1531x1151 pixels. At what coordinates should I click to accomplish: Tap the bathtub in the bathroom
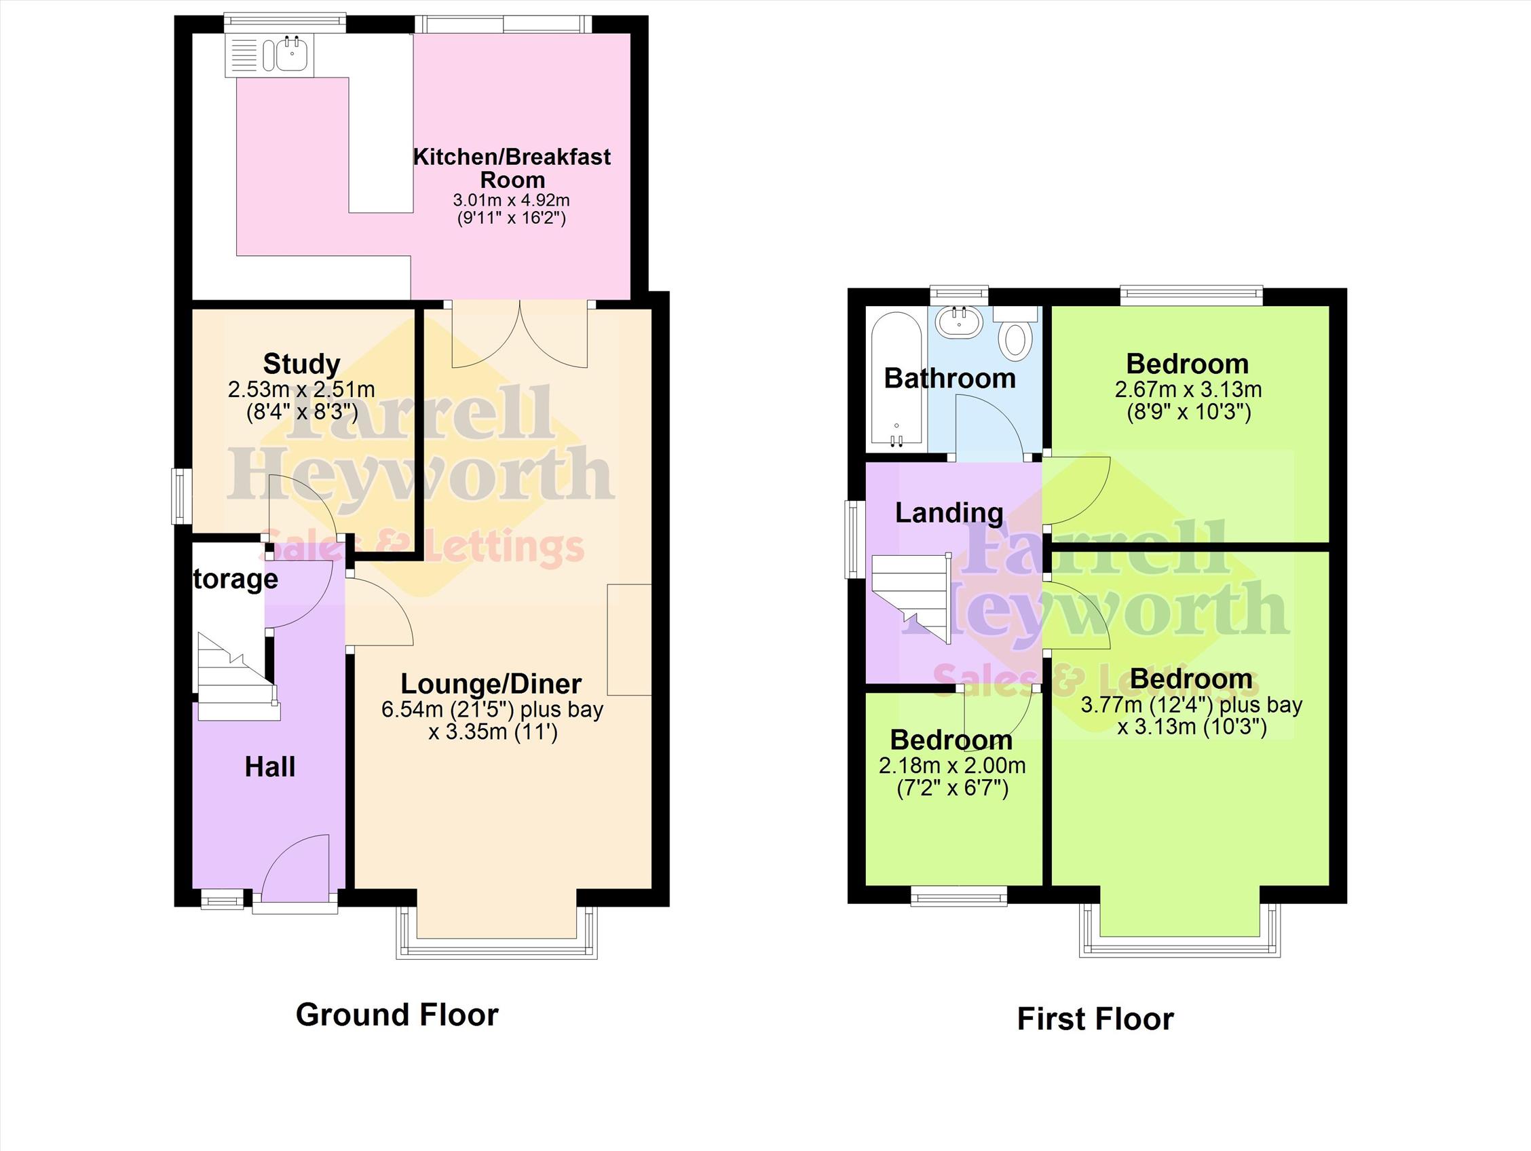(x=896, y=379)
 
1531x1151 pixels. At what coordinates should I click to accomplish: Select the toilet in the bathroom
(x=1016, y=333)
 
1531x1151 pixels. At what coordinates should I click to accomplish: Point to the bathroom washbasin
(x=960, y=322)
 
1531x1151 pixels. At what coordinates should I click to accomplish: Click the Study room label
(x=302, y=364)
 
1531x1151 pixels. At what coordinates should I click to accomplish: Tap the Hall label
(x=270, y=768)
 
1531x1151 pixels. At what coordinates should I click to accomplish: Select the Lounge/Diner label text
(x=491, y=684)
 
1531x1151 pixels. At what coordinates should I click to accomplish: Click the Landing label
(x=949, y=513)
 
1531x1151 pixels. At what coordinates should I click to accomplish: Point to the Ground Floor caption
(x=397, y=1015)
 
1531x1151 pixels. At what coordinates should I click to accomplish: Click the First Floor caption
(x=1095, y=1019)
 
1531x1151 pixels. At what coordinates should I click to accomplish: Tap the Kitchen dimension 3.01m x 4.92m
(x=512, y=201)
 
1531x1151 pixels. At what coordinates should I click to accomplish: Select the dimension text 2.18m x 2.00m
(x=952, y=766)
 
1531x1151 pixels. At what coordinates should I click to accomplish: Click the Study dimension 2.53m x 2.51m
(x=302, y=390)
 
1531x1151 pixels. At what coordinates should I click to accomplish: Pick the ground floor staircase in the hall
(x=239, y=677)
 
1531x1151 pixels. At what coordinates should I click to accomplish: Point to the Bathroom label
(x=949, y=379)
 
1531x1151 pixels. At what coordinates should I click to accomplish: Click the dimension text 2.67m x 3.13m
(x=1188, y=390)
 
